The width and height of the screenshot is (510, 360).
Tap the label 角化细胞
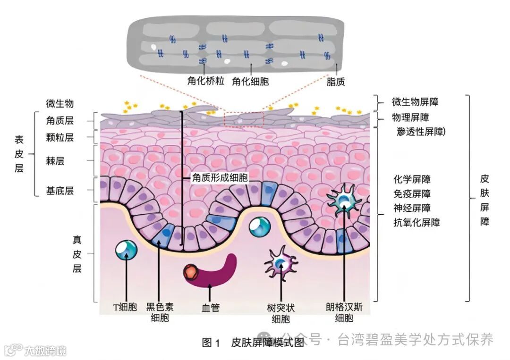click(x=250, y=81)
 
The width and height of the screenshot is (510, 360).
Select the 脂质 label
click(x=336, y=82)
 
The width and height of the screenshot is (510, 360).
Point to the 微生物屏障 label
click(x=418, y=102)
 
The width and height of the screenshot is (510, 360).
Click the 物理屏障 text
click(x=410, y=117)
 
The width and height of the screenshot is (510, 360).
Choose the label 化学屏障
click(x=412, y=179)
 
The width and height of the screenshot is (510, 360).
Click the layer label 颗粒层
click(x=60, y=138)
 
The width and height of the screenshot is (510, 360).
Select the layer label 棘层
click(x=55, y=161)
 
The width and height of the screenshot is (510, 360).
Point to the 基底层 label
click(x=60, y=191)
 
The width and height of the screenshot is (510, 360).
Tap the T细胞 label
click(x=125, y=308)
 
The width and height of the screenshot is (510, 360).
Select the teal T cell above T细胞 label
click(x=126, y=251)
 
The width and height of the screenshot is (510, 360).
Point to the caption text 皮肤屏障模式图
click(x=267, y=343)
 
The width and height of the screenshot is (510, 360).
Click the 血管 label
click(x=211, y=308)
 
